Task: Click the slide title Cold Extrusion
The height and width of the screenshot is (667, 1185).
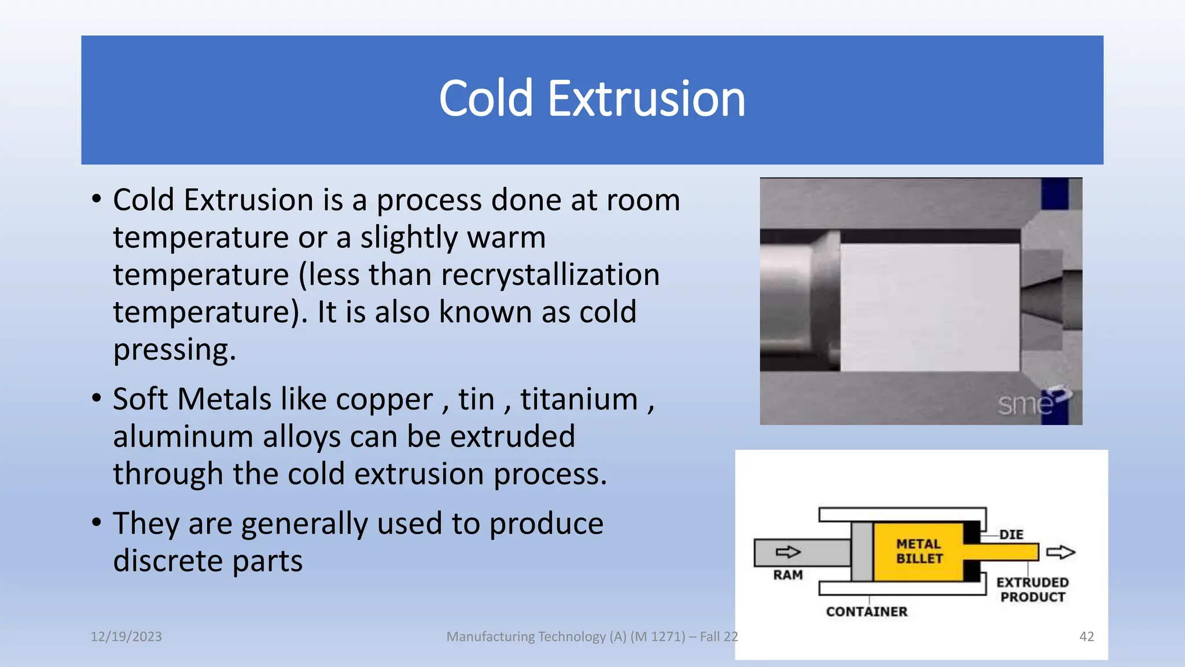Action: point(592,99)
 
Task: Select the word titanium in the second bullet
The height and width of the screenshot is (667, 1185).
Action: point(579,400)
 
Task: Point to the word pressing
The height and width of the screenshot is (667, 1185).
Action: point(174,350)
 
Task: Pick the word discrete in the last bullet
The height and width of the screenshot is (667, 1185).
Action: point(168,561)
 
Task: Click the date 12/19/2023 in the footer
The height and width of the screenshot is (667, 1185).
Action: point(126,637)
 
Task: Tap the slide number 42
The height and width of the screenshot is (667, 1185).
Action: point(1087,637)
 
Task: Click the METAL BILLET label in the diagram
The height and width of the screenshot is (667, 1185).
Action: point(919,551)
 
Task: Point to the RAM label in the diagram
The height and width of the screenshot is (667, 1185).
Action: point(788,575)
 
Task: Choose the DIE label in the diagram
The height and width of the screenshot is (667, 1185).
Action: point(1011,534)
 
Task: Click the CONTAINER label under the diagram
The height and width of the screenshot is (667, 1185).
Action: point(867,612)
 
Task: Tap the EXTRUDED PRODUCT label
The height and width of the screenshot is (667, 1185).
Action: point(1033,589)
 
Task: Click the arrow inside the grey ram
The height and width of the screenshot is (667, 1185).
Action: point(788,552)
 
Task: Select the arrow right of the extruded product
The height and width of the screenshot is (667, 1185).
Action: point(1061,552)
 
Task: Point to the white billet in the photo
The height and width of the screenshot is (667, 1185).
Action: point(929,307)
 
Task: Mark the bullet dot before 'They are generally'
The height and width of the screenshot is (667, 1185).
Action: point(97,522)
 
